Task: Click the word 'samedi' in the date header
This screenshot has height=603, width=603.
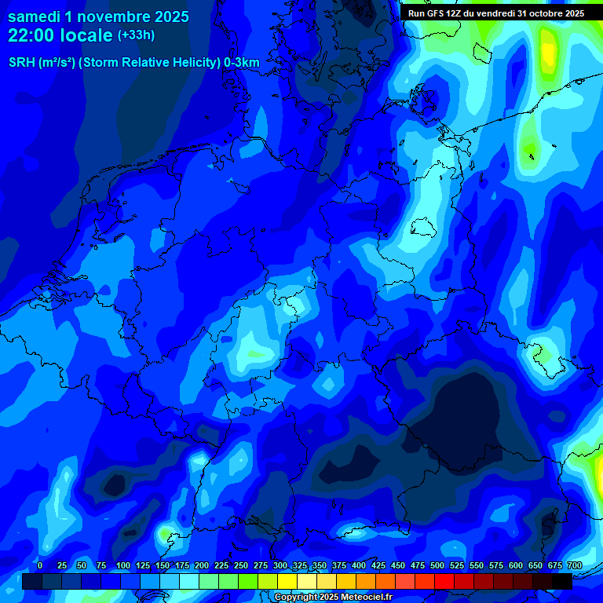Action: click(35, 16)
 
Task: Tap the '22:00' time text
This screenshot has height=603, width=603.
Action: click(31, 35)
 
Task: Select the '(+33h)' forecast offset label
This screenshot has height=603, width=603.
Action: click(136, 35)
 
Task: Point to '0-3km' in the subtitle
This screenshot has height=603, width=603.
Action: click(240, 63)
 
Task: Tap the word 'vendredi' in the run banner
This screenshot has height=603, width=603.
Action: click(495, 13)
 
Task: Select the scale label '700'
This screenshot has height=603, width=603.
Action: click(574, 565)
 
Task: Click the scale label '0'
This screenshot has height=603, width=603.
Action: click(40, 565)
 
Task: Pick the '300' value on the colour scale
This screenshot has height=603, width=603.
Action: click(280, 565)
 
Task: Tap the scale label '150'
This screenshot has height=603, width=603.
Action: click(163, 565)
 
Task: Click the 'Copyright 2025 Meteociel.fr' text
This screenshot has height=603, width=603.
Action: click(333, 598)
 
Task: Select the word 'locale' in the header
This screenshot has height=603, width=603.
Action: click(90, 35)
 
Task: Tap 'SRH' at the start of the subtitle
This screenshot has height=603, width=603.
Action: click(21, 63)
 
